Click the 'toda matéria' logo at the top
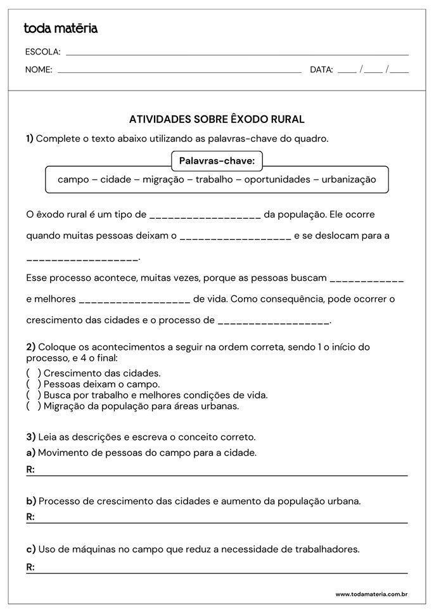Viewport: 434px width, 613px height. tap(60, 29)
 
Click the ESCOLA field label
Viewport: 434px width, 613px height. tap(42, 52)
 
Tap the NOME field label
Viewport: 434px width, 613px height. tap(39, 70)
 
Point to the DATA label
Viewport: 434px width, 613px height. tap(321, 70)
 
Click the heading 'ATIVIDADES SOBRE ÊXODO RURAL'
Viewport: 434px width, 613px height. tap(217, 119)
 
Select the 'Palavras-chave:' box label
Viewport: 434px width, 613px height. tap(217, 161)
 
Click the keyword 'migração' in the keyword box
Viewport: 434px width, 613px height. tap(163, 179)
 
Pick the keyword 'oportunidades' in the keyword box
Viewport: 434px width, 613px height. tap(278, 179)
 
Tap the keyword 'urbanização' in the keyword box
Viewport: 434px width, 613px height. tap(348, 179)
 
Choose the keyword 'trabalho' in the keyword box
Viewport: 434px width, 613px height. tap(214, 179)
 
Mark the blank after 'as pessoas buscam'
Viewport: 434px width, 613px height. tap(367, 278)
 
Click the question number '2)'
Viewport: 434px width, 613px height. tap(30, 347)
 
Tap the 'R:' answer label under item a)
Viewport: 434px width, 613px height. tap(30, 470)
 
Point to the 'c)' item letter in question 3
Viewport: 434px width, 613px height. tap(30, 548)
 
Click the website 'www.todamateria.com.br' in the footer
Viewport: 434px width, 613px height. tap(371, 594)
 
